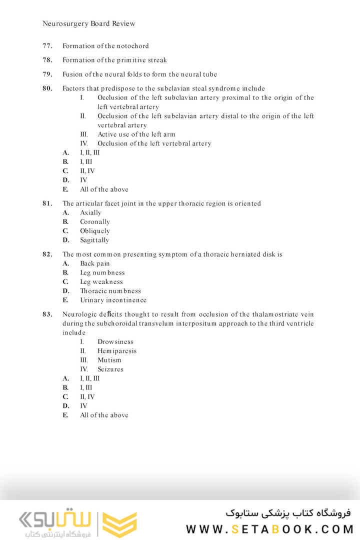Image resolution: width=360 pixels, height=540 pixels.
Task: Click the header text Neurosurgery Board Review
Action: point(89,23)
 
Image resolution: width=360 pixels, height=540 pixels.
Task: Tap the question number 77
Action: point(47,46)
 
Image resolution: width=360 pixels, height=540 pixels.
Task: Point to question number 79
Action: point(47,74)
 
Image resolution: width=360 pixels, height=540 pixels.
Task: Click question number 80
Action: point(47,88)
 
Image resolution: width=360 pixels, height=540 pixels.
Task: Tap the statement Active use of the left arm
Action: point(136,134)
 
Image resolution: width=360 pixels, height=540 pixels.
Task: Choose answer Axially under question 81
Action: point(90,212)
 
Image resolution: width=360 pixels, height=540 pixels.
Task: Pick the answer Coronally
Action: point(95,221)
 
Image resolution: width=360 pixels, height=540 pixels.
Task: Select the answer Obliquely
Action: point(95,231)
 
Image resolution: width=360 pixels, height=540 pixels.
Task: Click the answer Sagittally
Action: point(94,240)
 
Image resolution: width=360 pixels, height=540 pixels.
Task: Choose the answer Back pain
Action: point(95,263)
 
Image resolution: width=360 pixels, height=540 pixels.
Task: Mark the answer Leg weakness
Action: point(101,281)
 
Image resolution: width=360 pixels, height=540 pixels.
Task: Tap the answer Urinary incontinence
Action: point(113,300)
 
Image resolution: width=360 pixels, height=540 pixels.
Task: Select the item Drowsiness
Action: point(115,342)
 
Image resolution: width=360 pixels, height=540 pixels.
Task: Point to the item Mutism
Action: point(109,360)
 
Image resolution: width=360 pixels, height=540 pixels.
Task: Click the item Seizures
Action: point(110,369)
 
